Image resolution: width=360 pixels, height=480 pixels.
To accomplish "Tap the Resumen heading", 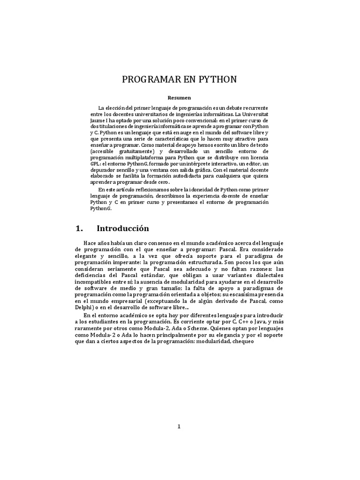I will tap(180, 97).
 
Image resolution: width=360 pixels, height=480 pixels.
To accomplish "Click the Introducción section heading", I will tap(123, 229).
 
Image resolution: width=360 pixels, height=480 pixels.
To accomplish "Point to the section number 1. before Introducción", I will tap(79, 229).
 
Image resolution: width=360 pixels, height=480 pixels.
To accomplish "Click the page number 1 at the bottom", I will tap(180, 426).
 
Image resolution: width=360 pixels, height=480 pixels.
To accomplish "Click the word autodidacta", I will tap(219, 175).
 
